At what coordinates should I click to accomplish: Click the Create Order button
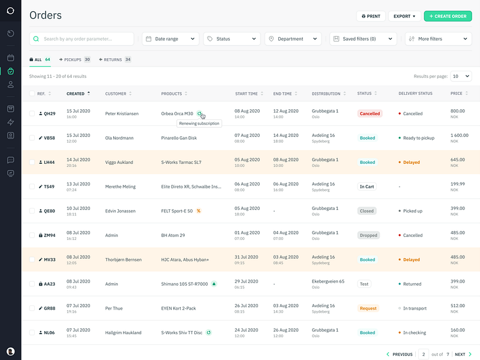[448, 16]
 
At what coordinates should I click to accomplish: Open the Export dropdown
[404, 16]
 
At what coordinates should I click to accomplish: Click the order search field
[82, 39]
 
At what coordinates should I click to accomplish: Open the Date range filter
[171, 39]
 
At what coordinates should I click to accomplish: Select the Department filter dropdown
[293, 39]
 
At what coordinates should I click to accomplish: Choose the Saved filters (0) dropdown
[363, 39]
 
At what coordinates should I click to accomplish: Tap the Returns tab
[115, 60]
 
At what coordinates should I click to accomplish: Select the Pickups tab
[74, 60]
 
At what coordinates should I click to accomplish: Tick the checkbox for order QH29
[32, 113]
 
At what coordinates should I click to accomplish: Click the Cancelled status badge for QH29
[370, 113]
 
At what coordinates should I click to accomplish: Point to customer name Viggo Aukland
[120, 163]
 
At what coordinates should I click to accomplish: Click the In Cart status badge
[367, 187]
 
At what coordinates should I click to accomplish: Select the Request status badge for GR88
[368, 308]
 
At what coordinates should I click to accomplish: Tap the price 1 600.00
[459, 136]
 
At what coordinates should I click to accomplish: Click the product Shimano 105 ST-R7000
[184, 284]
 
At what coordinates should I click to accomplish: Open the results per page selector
[461, 76]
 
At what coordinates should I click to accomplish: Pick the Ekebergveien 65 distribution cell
[328, 281]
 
